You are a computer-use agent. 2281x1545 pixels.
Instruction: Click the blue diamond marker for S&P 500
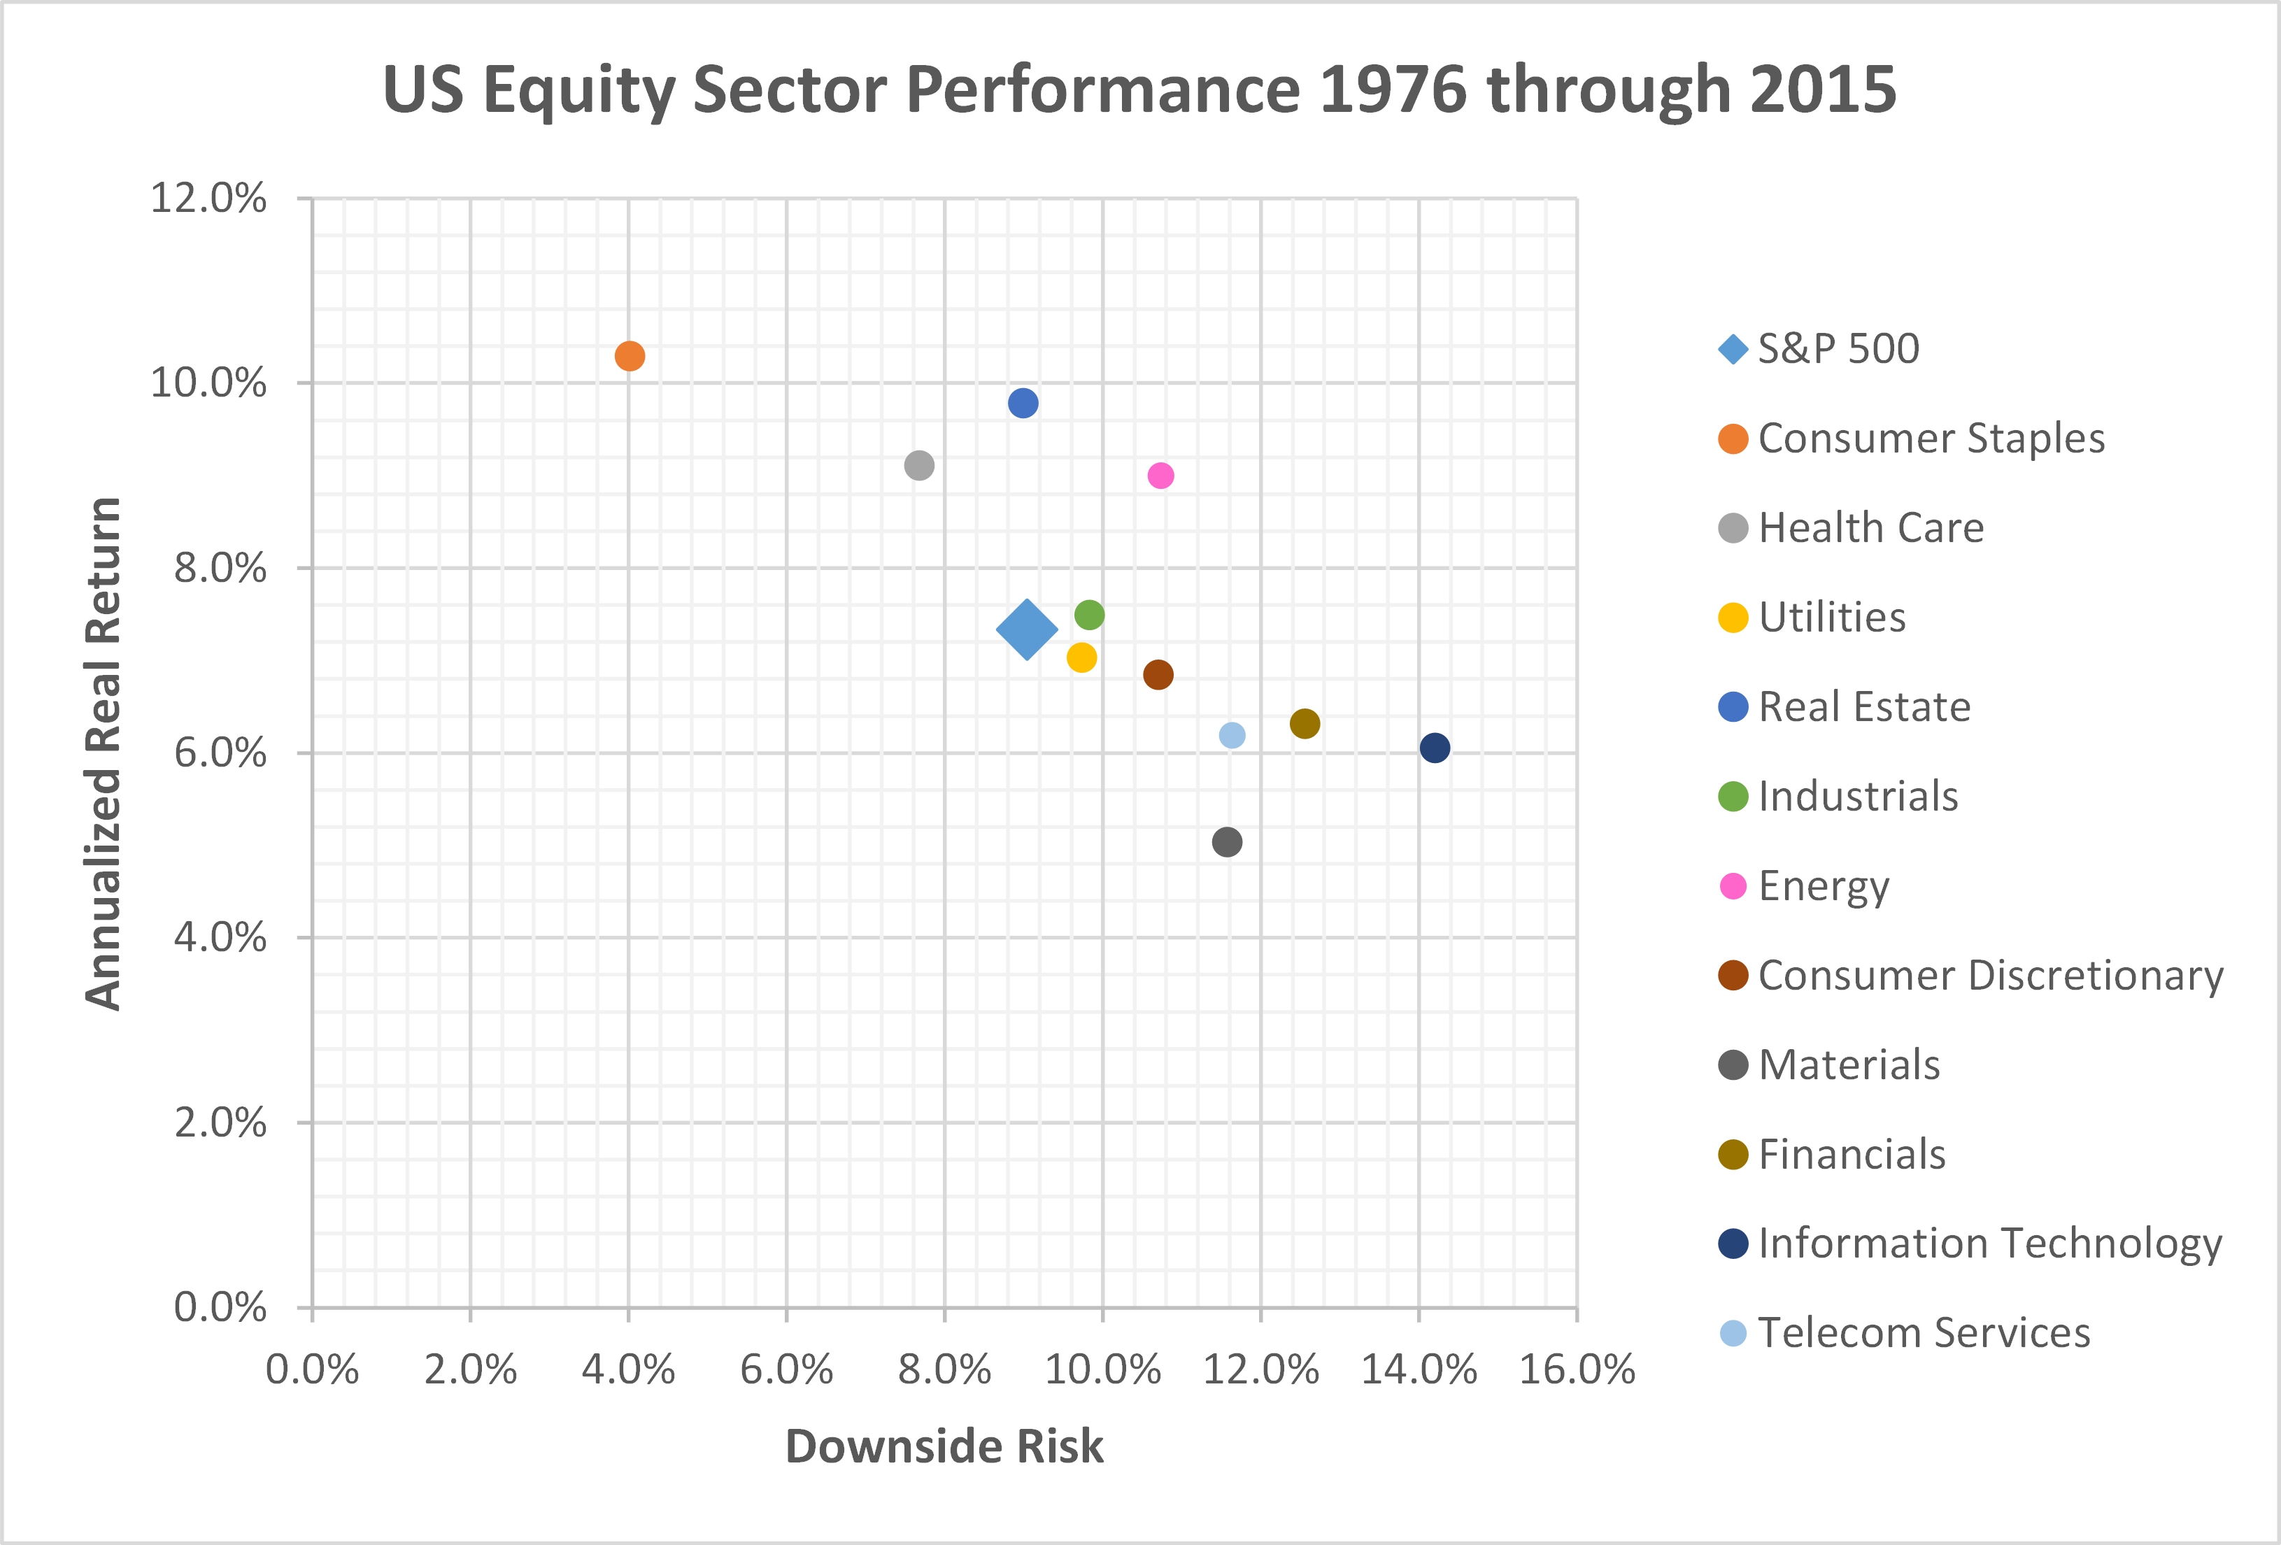[1027, 629]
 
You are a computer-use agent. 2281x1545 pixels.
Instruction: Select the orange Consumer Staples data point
[629, 355]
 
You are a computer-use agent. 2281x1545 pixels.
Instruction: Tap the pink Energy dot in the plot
[1160, 475]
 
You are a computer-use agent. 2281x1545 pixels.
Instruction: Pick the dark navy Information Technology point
[1434, 748]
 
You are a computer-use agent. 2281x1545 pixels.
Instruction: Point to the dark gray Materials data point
[1227, 841]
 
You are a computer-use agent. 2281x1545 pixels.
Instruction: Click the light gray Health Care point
[918, 465]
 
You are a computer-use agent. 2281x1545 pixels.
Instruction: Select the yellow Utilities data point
[1081, 657]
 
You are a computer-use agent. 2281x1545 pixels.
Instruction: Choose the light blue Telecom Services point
[1232, 735]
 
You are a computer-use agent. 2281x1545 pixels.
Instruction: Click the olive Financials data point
[1305, 723]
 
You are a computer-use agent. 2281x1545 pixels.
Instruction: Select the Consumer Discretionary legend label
[1989, 975]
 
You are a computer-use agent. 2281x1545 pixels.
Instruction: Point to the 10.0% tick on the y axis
[207, 383]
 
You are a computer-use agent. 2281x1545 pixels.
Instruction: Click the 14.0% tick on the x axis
[1419, 1369]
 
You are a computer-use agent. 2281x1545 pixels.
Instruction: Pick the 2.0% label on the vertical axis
[220, 1122]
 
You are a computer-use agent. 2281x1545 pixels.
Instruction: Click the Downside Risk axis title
[944, 1446]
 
